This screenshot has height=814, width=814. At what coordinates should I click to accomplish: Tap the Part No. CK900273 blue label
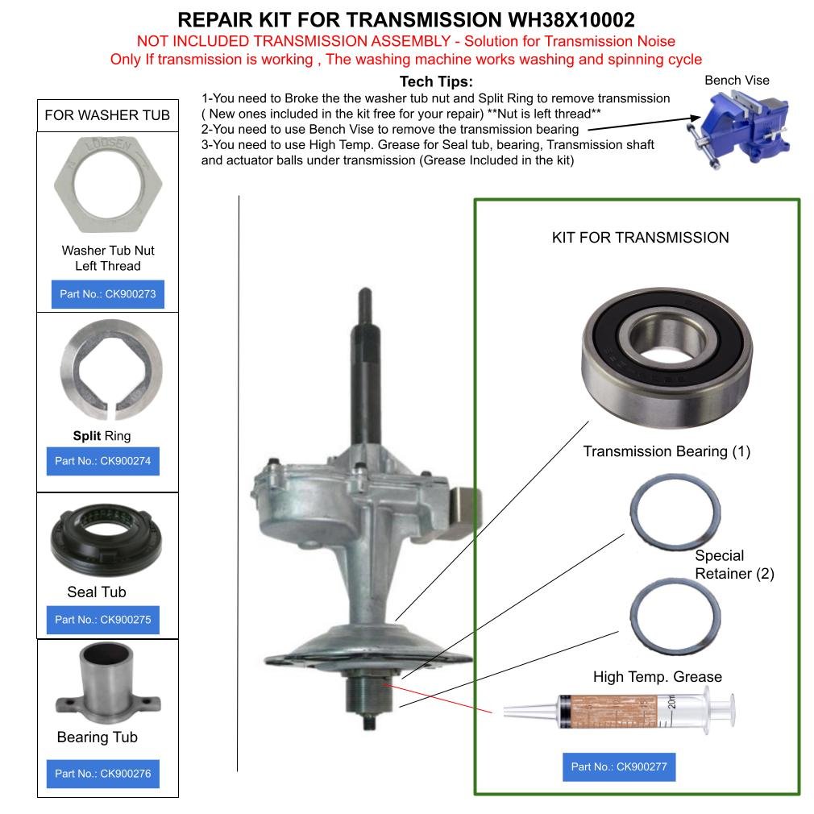pyautogui.click(x=107, y=294)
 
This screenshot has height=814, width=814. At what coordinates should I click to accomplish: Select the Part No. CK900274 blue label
pyautogui.click(x=102, y=461)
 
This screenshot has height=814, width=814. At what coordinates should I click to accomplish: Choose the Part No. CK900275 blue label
pyautogui.click(x=102, y=620)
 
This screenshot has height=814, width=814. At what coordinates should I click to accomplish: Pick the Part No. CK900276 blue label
pyautogui.click(x=102, y=774)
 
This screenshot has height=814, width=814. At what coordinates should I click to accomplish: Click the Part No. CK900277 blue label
pyautogui.click(x=619, y=766)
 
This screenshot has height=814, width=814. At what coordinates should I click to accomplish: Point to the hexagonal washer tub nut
pyautogui.click(x=107, y=177)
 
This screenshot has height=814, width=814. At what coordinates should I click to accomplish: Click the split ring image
pyautogui.click(x=111, y=370)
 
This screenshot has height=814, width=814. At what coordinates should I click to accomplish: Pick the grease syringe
pyautogui.click(x=619, y=710)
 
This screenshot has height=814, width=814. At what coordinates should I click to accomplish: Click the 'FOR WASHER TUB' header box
pyautogui.click(x=107, y=115)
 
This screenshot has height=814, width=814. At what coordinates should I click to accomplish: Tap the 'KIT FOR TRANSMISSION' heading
pyautogui.click(x=640, y=238)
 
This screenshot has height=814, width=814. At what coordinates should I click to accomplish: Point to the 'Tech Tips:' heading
pyautogui.click(x=436, y=82)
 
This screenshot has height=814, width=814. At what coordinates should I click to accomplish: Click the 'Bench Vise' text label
pyautogui.click(x=737, y=81)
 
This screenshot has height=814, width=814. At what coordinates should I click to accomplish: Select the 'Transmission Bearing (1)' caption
pyautogui.click(x=667, y=451)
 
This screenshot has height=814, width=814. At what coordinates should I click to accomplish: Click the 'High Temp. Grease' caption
pyautogui.click(x=657, y=677)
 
